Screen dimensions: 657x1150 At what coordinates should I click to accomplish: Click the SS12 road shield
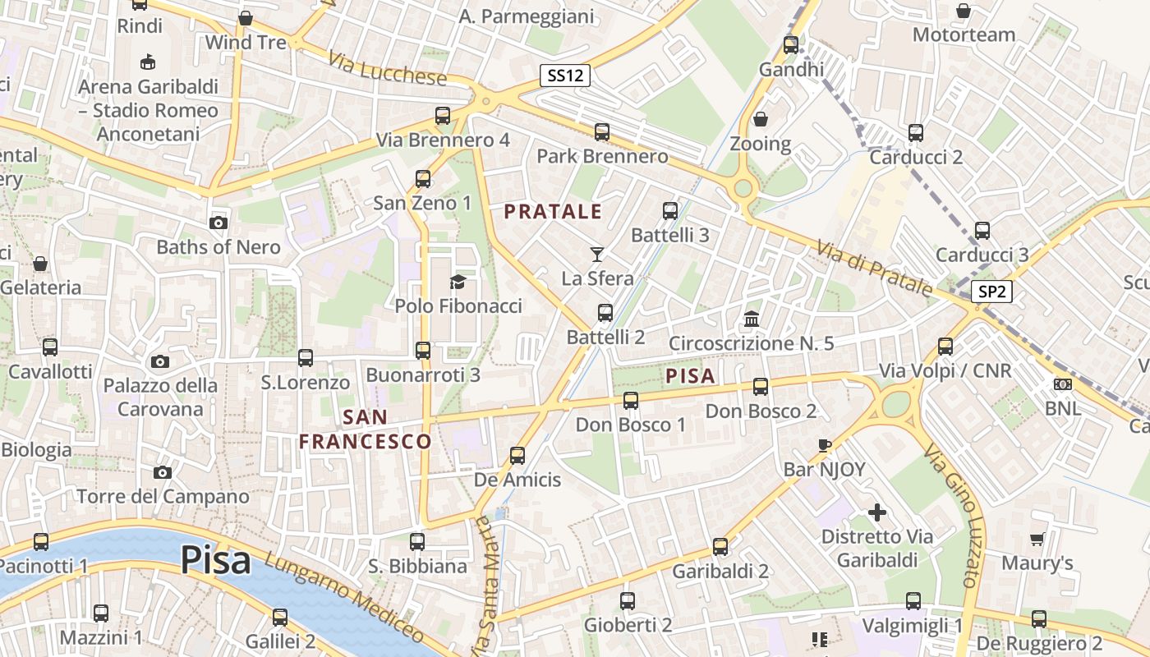pos(566,76)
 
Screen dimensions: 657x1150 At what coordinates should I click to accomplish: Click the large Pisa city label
pos(215,560)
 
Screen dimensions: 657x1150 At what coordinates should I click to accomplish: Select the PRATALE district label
pos(553,212)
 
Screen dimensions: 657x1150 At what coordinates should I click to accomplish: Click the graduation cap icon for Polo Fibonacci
pos(458,283)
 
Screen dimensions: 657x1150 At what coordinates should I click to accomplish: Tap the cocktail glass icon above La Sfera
pos(597,255)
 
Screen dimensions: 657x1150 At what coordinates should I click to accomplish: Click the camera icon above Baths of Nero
pos(218,223)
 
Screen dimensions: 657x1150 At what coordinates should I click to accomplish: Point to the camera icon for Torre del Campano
pos(163,472)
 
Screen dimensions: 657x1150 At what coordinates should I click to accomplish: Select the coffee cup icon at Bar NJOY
pos(825,445)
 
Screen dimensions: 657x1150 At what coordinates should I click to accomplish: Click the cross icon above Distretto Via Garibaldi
pos(877,513)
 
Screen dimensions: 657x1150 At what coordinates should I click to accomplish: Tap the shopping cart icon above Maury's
pos(1037,540)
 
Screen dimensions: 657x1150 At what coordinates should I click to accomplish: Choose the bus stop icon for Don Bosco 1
pos(630,401)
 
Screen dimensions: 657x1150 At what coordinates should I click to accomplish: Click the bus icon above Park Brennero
pos(602,132)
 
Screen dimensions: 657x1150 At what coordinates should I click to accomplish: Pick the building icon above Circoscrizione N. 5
pos(752,319)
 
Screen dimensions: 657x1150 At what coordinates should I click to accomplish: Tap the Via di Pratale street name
pos(874,268)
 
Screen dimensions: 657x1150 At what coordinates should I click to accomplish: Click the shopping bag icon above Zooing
pos(761,120)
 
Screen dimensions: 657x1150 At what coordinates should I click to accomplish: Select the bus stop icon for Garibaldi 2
pos(720,547)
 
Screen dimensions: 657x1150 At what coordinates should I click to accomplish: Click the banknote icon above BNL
pos(1063,384)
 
